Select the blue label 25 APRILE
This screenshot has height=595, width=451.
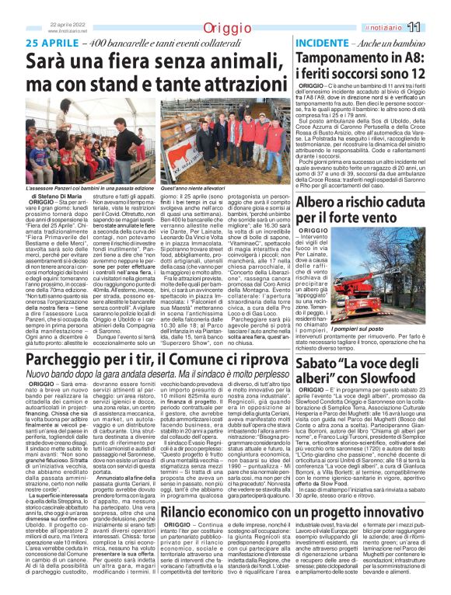click(54, 43)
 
